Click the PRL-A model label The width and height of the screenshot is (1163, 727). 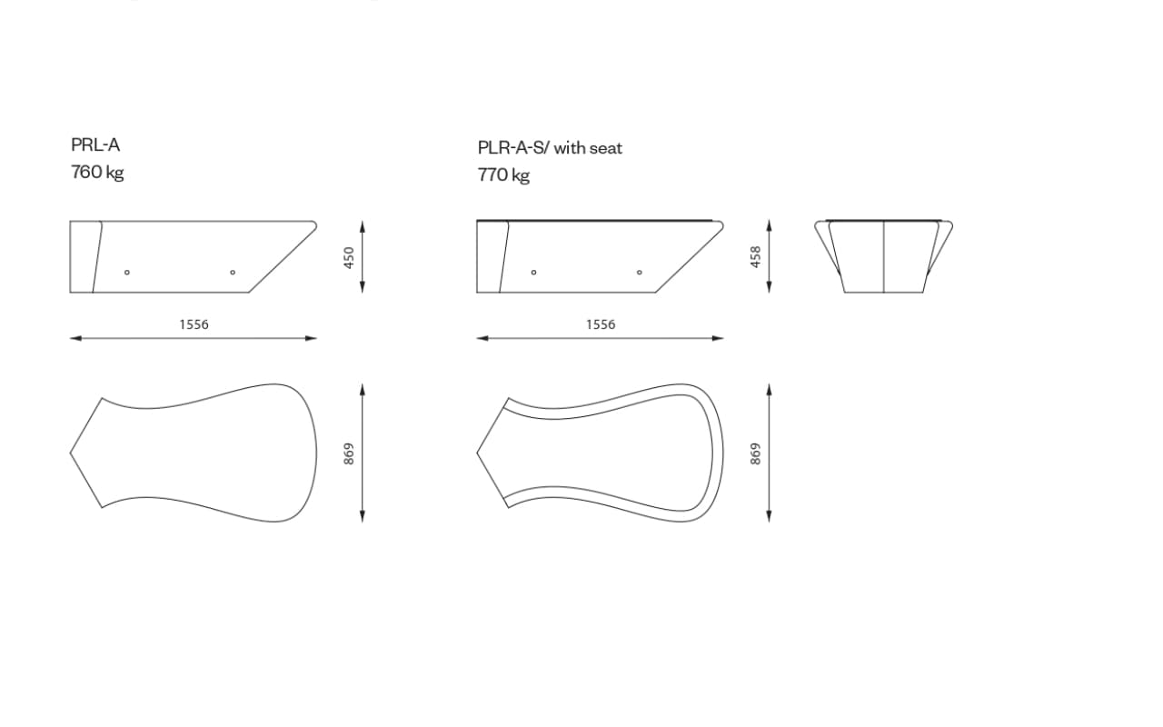95,144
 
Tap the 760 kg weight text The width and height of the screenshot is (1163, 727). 97,173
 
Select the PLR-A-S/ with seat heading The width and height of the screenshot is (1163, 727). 550,148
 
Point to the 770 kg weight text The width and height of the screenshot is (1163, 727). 503,175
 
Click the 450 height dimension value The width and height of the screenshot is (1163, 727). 349,257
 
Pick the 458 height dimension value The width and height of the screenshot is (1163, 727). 755,257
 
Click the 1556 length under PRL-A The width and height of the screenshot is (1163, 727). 194,324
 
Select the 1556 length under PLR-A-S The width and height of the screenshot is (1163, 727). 601,324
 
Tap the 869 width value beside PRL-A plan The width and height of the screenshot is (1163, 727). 349,453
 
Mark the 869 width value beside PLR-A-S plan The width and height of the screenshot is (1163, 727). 755,453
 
